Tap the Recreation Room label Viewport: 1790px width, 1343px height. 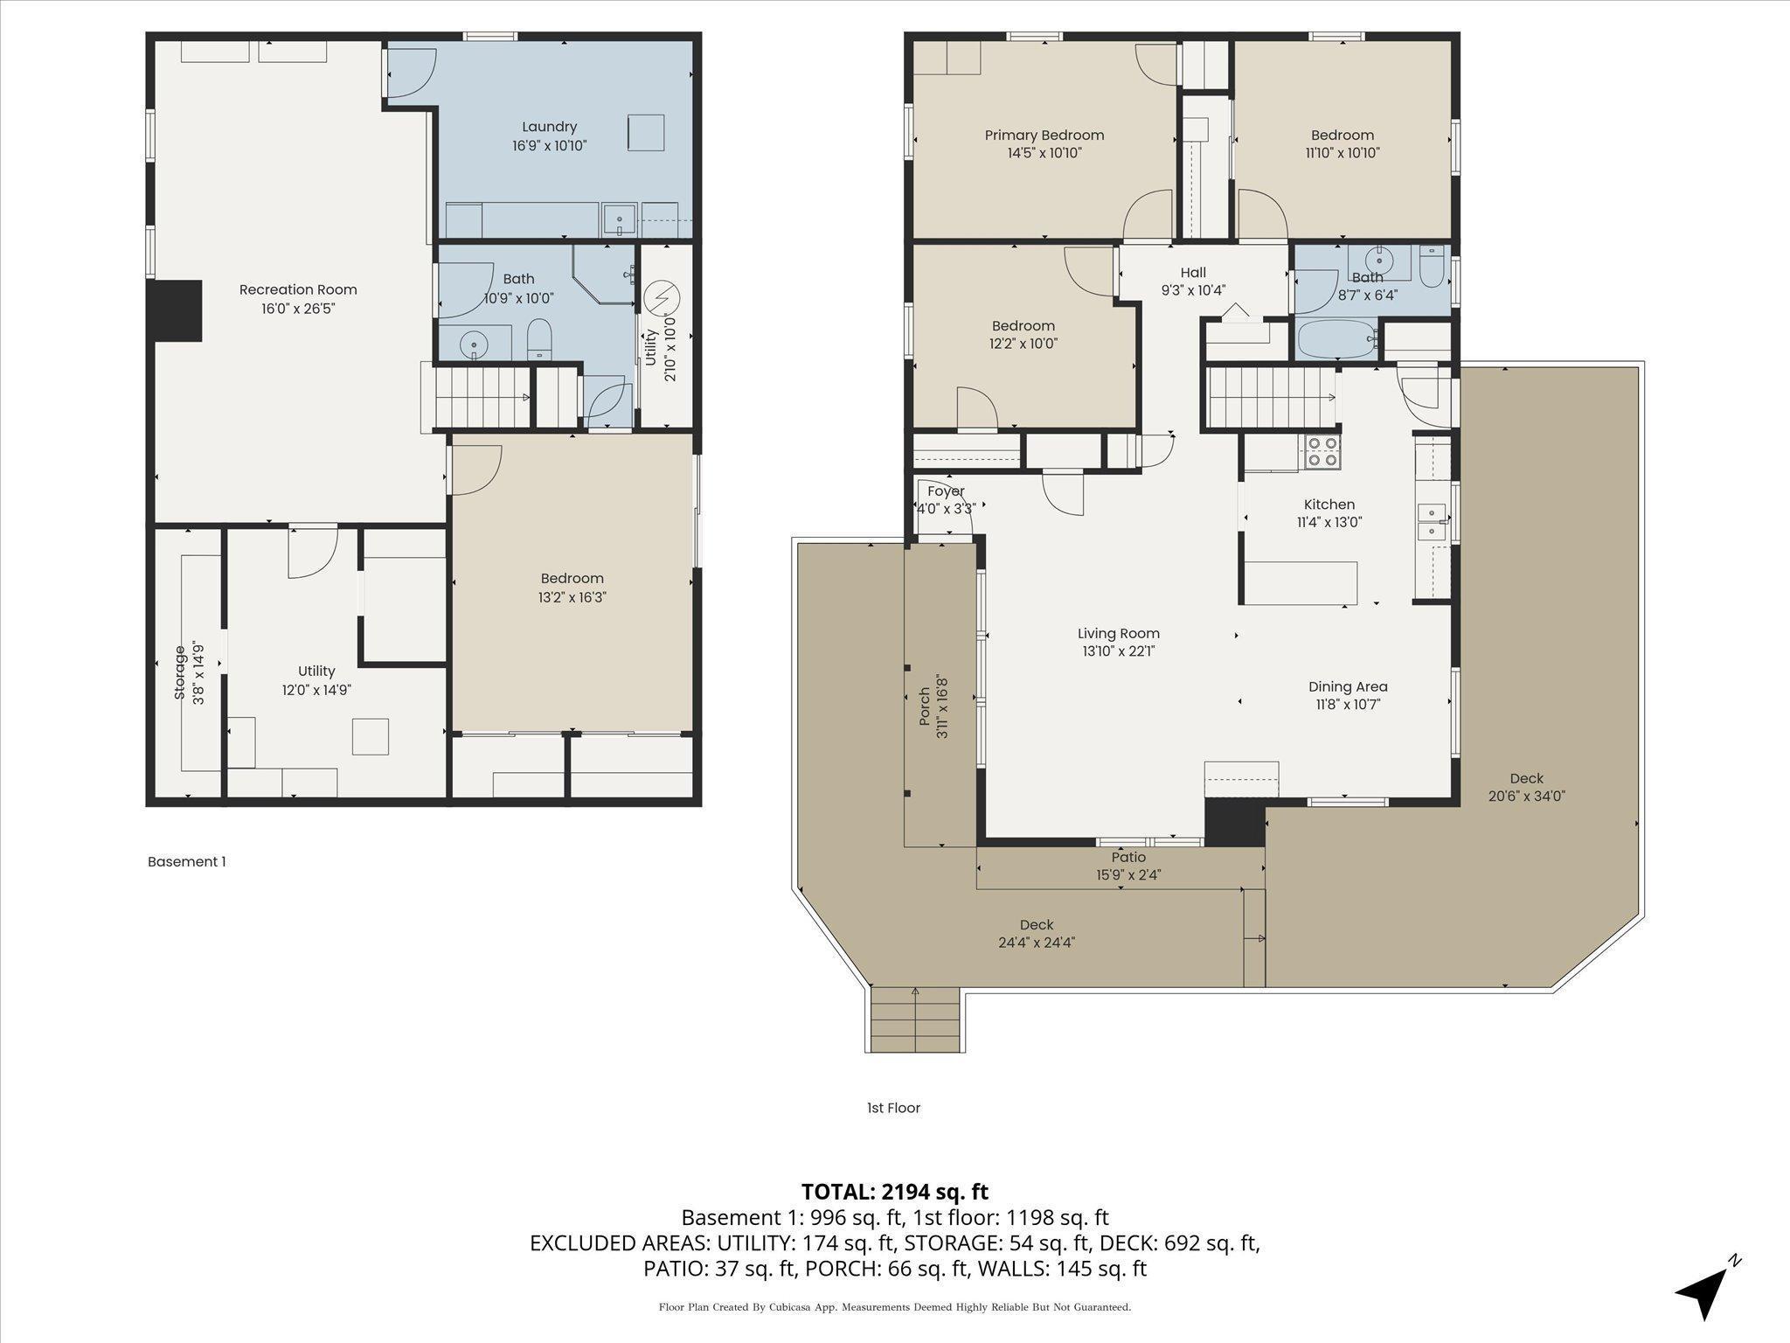(298, 289)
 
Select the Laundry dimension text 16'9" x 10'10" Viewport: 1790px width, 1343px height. (549, 145)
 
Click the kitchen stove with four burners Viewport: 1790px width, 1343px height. (1322, 452)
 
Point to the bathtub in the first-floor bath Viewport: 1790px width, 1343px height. (1337, 338)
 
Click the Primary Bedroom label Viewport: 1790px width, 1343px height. (1044, 135)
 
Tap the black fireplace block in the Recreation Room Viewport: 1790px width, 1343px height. (177, 310)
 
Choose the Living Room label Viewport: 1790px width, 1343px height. (1118, 633)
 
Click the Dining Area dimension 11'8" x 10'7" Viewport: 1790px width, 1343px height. (1348, 705)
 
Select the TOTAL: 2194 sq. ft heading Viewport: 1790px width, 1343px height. (894, 1191)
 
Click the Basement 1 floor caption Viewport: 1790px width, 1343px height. (186, 861)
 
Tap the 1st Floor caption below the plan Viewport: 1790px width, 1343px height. (893, 1108)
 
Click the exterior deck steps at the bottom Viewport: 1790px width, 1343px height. (915, 1019)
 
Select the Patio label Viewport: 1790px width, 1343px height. (1128, 857)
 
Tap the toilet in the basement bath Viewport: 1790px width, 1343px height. (540, 340)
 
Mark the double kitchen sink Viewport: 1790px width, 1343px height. (1433, 521)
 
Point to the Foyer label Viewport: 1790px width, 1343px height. (946, 491)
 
